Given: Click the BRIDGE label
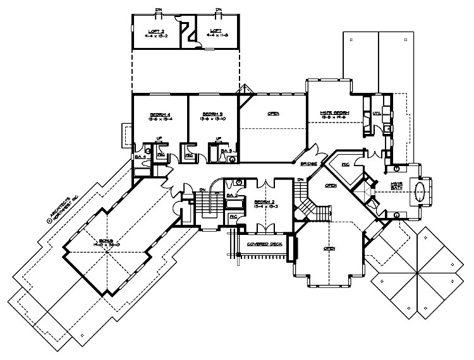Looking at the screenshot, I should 308,163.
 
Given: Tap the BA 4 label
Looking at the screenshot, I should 139,156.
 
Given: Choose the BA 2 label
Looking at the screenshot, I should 232,196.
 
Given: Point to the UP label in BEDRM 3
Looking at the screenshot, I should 218,138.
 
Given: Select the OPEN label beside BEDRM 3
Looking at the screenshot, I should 273,113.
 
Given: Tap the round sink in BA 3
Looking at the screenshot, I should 233,159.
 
